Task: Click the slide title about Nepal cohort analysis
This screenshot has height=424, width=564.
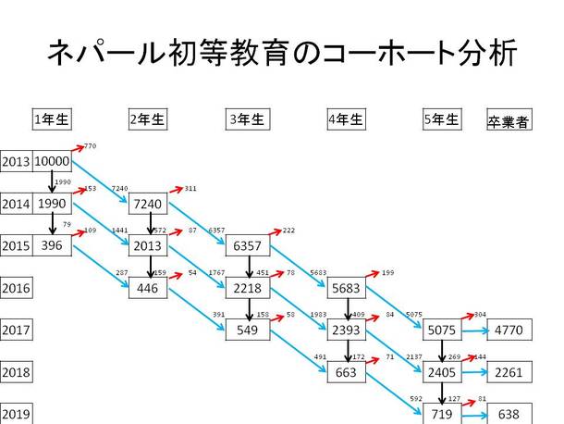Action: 282,53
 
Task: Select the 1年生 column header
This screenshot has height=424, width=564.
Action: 52,118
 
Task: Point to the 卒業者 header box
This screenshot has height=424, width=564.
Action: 508,120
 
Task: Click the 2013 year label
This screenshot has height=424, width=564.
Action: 16,161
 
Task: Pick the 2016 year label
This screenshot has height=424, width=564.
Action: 16,288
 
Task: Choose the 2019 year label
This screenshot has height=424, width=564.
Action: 16,413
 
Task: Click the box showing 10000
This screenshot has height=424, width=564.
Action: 52,161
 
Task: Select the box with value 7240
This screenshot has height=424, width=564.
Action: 148,204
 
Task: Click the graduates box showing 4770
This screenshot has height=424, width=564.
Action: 509,330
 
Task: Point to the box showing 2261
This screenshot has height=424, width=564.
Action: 509,372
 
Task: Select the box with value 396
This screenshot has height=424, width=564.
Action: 52,245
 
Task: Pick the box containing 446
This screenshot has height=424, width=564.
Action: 148,288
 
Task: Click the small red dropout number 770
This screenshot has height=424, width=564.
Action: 90,147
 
